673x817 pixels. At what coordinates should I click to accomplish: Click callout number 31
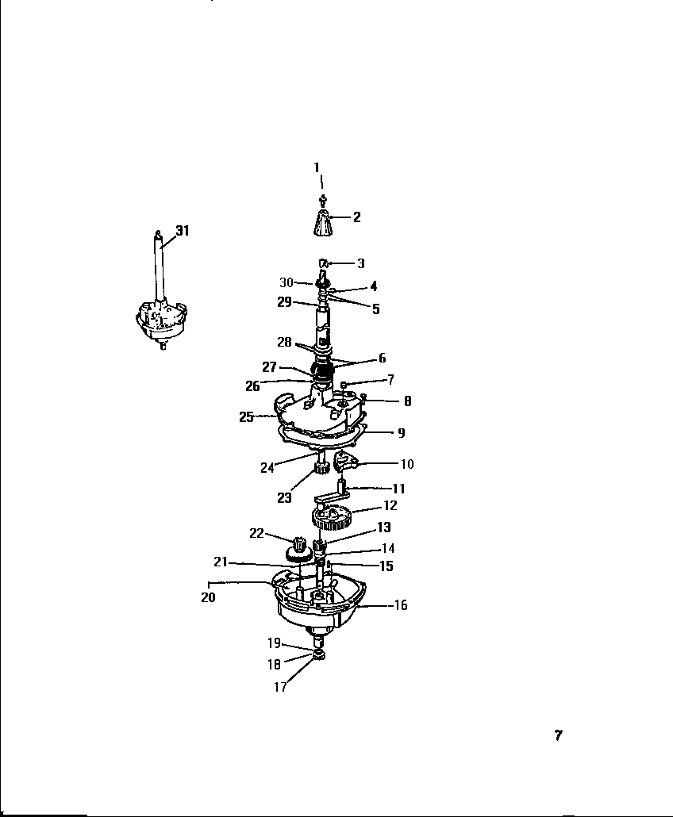(183, 231)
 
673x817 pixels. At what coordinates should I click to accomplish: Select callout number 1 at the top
(317, 167)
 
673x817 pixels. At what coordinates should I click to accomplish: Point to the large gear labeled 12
(333, 520)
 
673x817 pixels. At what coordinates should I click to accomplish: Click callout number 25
(246, 416)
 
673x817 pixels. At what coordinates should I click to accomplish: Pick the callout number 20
(208, 597)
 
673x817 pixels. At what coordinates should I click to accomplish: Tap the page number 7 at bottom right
(558, 735)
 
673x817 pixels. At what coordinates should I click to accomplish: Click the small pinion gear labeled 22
(300, 546)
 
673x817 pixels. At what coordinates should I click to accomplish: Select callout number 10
(407, 464)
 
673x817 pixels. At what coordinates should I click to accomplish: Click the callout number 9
(401, 433)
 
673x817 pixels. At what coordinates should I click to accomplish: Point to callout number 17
(280, 688)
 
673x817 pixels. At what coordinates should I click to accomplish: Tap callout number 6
(382, 359)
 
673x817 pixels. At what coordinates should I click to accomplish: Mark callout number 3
(360, 263)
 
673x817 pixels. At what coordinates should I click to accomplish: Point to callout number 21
(221, 562)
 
